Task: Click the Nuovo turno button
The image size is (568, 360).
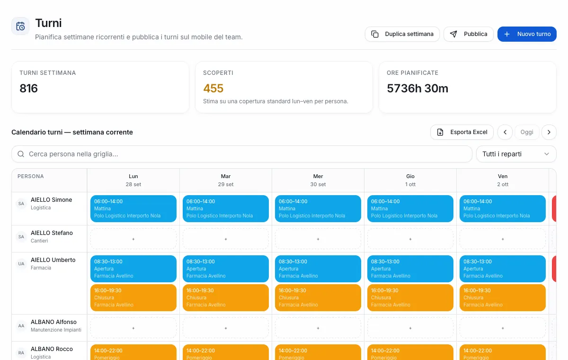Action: click(x=527, y=34)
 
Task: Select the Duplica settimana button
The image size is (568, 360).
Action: click(x=402, y=34)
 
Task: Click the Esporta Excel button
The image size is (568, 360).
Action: click(x=462, y=132)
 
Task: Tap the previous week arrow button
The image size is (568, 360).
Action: click(x=505, y=132)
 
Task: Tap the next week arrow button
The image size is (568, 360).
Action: click(x=549, y=132)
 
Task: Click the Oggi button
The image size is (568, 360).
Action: click(x=527, y=132)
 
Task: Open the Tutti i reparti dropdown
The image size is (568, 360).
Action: click(x=516, y=154)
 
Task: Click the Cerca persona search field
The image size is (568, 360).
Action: click(x=242, y=154)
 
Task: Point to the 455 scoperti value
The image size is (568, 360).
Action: click(x=213, y=88)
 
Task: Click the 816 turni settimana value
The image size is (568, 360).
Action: click(x=29, y=88)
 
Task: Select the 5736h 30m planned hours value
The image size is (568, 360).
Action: click(x=417, y=88)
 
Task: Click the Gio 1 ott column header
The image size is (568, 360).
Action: click(x=410, y=180)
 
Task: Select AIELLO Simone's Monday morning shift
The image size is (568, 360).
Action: click(x=133, y=208)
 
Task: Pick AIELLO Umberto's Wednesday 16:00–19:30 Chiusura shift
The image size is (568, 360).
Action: click(x=318, y=297)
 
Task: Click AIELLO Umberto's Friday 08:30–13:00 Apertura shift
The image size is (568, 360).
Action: click(x=503, y=269)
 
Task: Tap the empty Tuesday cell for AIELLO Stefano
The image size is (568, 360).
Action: click(x=226, y=239)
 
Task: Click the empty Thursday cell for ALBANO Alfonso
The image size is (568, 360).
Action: click(x=410, y=328)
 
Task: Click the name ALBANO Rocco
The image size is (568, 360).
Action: click(x=52, y=349)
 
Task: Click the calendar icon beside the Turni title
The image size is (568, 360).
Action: click(x=20, y=26)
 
